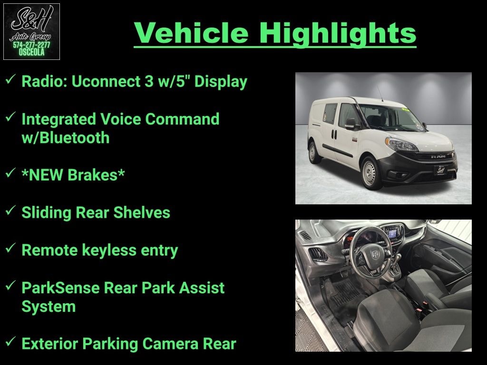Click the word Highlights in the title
point(338,33)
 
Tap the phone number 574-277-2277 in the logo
point(31,45)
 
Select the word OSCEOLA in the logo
point(31,52)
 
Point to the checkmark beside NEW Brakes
point(10,173)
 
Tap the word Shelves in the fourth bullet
point(142,212)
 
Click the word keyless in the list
point(109,250)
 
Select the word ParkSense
point(60,288)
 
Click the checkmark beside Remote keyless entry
point(10,248)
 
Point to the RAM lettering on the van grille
point(438,157)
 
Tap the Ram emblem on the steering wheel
point(376,255)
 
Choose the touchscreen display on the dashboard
point(392,233)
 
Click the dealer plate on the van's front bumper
point(441,170)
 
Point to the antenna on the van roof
point(380,94)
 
